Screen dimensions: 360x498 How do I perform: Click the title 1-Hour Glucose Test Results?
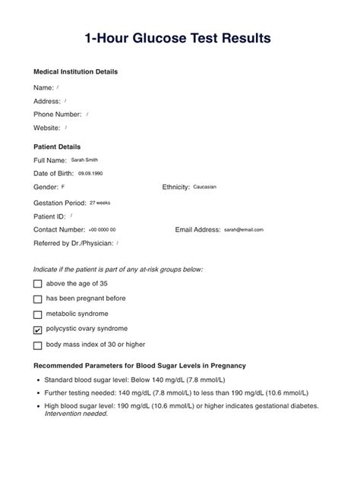pos(180,37)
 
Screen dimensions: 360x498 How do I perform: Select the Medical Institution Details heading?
pos(75,72)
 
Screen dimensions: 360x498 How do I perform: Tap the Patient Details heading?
pos(57,147)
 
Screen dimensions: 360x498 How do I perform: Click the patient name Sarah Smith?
pos(84,160)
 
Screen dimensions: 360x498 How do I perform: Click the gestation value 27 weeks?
pos(99,203)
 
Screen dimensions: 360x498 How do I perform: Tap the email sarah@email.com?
pos(243,229)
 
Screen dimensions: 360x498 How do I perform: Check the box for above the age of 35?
pos(38,285)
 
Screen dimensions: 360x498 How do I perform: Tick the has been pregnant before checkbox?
pos(38,299)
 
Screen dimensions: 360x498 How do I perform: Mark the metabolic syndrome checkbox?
pos(38,314)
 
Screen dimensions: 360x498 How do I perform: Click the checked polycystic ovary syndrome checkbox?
pos(38,330)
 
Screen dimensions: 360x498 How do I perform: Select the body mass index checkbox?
pos(38,345)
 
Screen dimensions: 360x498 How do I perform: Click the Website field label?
pos(47,128)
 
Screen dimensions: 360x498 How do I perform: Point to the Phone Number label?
pos(58,115)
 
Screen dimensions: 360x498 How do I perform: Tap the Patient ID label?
pos(50,216)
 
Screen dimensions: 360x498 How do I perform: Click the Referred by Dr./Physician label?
pos(73,243)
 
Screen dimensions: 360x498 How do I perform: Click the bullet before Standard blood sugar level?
pos(38,379)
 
